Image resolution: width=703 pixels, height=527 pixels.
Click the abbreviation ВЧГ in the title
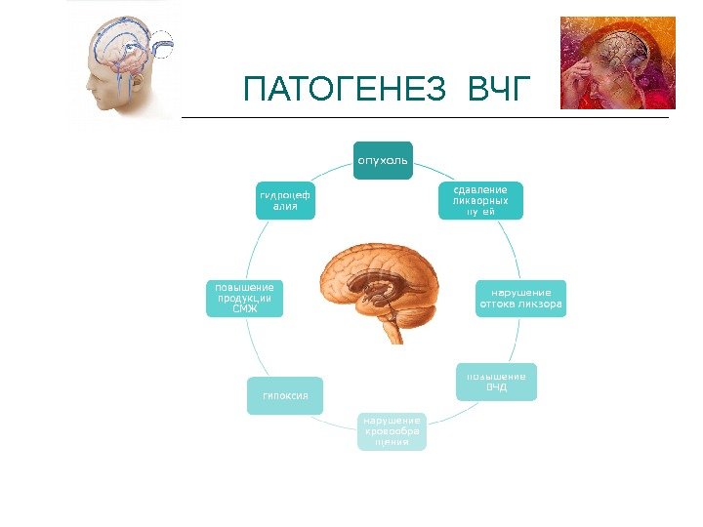click(496, 92)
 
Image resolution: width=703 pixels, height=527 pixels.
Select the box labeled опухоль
click(383, 158)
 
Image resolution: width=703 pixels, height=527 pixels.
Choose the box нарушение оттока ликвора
click(520, 299)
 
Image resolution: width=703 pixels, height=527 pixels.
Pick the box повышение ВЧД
click(496, 382)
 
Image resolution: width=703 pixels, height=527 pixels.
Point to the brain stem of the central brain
click(396, 327)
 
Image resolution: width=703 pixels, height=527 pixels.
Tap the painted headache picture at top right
click(617, 63)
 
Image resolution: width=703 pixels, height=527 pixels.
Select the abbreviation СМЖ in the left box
click(245, 309)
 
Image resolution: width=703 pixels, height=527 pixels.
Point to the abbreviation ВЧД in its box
click(496, 388)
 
